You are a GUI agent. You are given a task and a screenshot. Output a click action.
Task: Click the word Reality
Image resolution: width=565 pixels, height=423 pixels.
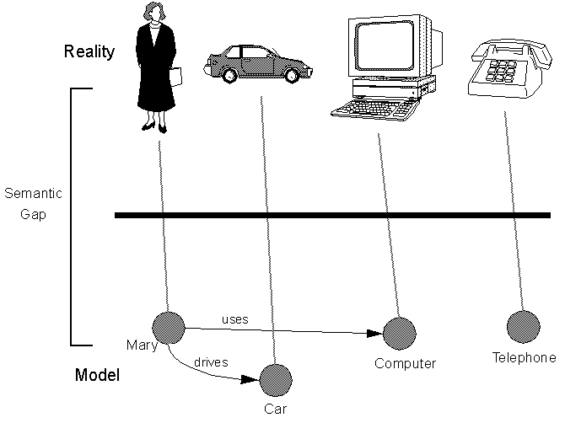(x=89, y=52)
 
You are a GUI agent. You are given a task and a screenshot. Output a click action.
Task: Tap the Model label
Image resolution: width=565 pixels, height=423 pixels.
(x=96, y=376)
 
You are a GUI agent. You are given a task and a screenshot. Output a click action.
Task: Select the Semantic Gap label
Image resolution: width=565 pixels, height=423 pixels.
(x=28, y=203)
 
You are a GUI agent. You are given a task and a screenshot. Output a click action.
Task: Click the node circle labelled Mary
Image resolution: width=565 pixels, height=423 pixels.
(x=167, y=327)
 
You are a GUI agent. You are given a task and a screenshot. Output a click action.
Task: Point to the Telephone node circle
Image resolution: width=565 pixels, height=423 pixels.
(x=522, y=326)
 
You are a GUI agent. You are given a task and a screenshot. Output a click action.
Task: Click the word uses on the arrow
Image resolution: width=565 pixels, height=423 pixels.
(x=234, y=319)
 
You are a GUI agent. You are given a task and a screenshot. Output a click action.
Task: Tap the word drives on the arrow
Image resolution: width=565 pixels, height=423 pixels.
(x=211, y=362)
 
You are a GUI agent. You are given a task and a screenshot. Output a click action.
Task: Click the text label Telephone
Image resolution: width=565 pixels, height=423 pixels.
(x=524, y=358)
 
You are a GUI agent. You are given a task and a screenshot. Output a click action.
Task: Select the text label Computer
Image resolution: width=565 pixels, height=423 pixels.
(x=406, y=364)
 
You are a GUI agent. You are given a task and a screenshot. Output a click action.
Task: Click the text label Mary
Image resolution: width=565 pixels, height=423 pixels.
(x=137, y=345)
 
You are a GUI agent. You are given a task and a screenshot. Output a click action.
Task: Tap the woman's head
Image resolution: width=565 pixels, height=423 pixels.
(x=157, y=14)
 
